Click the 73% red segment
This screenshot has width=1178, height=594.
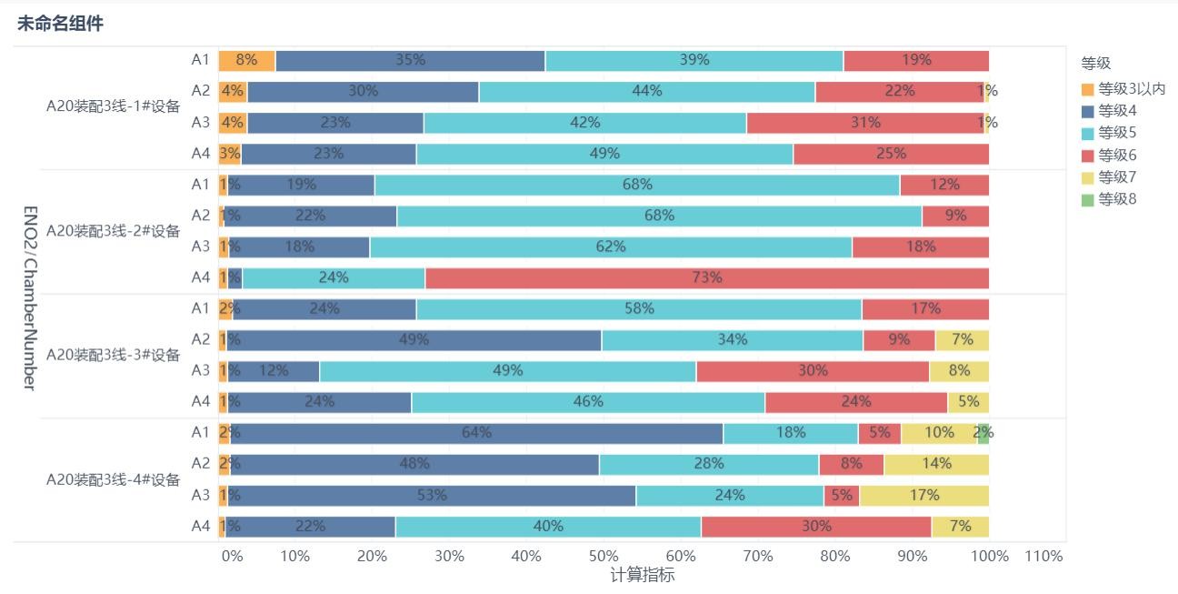(x=706, y=277)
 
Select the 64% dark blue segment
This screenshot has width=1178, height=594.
(x=475, y=433)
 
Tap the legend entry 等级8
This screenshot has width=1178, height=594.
(x=1117, y=198)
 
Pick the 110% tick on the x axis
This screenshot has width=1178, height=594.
(x=1043, y=556)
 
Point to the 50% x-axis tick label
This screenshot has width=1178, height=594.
(x=604, y=556)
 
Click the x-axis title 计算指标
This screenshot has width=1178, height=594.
(x=642, y=575)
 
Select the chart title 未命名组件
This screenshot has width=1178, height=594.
(x=60, y=25)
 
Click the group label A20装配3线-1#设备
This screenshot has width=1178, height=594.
(x=114, y=106)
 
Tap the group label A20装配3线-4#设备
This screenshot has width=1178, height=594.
(x=114, y=480)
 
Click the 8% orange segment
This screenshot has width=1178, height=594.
(x=246, y=60)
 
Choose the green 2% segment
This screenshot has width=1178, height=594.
(x=983, y=433)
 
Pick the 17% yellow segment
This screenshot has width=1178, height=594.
(x=923, y=496)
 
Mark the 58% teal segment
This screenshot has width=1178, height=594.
(x=638, y=308)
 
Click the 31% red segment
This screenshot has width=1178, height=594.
(x=864, y=123)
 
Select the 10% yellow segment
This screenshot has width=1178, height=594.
(x=938, y=433)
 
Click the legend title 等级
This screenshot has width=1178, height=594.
(x=1095, y=64)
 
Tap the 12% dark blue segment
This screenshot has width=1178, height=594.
(x=273, y=371)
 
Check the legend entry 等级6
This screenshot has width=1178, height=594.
(x=1117, y=155)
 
